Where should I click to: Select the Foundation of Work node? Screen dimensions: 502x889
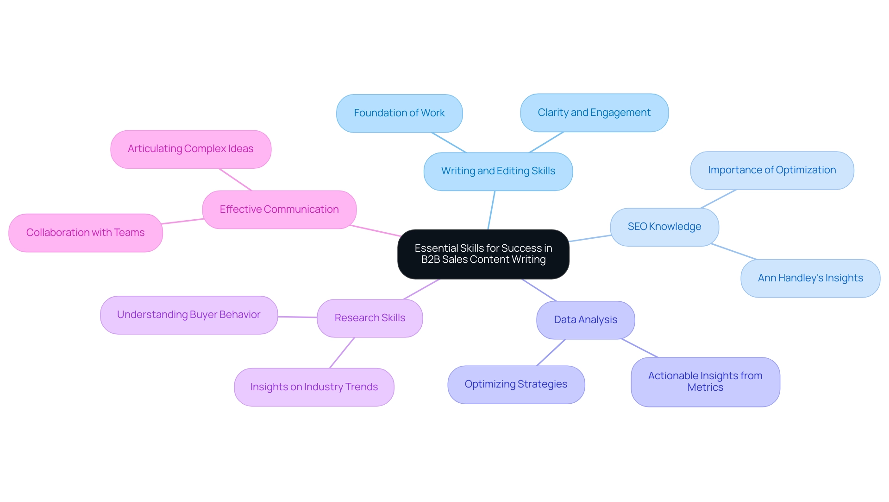coord(399,113)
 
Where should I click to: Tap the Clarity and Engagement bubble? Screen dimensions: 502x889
coord(594,113)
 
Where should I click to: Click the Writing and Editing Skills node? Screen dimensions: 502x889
coord(498,171)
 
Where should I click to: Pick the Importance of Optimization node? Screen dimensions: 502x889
coord(772,170)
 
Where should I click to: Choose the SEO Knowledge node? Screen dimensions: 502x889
coord(664,227)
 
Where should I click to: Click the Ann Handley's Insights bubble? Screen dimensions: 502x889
coord(810,278)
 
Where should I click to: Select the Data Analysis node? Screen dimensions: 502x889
coord(585,320)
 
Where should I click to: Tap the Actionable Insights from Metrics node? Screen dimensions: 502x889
coord(705,381)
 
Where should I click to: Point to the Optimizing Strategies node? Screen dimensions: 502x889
coord(516,384)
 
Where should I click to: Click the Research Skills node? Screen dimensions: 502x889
coord(369,318)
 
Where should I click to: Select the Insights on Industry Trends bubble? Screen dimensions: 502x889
coord(314,387)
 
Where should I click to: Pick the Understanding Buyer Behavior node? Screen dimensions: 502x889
coord(188,315)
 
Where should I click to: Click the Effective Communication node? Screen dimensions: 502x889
coord(279,210)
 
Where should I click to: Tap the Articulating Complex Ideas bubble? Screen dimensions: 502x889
coord(190,149)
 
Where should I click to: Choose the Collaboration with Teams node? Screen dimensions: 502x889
coord(85,233)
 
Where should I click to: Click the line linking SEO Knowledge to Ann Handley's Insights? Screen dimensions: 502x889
coord(734,252)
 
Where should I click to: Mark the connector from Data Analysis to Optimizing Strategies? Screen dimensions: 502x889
coord(551,352)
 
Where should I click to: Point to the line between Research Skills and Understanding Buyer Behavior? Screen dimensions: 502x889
coord(297,317)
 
